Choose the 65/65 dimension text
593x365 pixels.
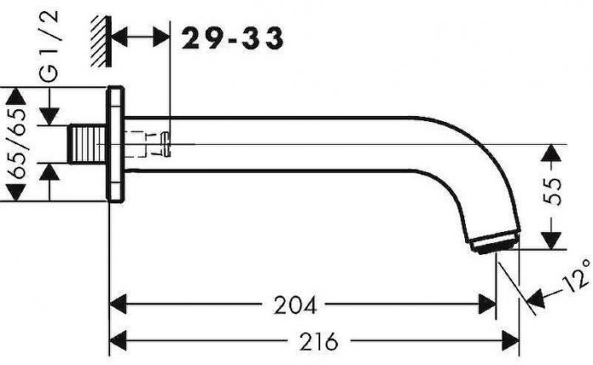[x=17, y=145]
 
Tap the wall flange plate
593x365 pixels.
[x=117, y=145]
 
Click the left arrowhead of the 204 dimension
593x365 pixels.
[x=119, y=303]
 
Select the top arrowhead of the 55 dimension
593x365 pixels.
[x=551, y=153]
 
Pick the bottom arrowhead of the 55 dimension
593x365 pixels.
[x=551, y=241]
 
